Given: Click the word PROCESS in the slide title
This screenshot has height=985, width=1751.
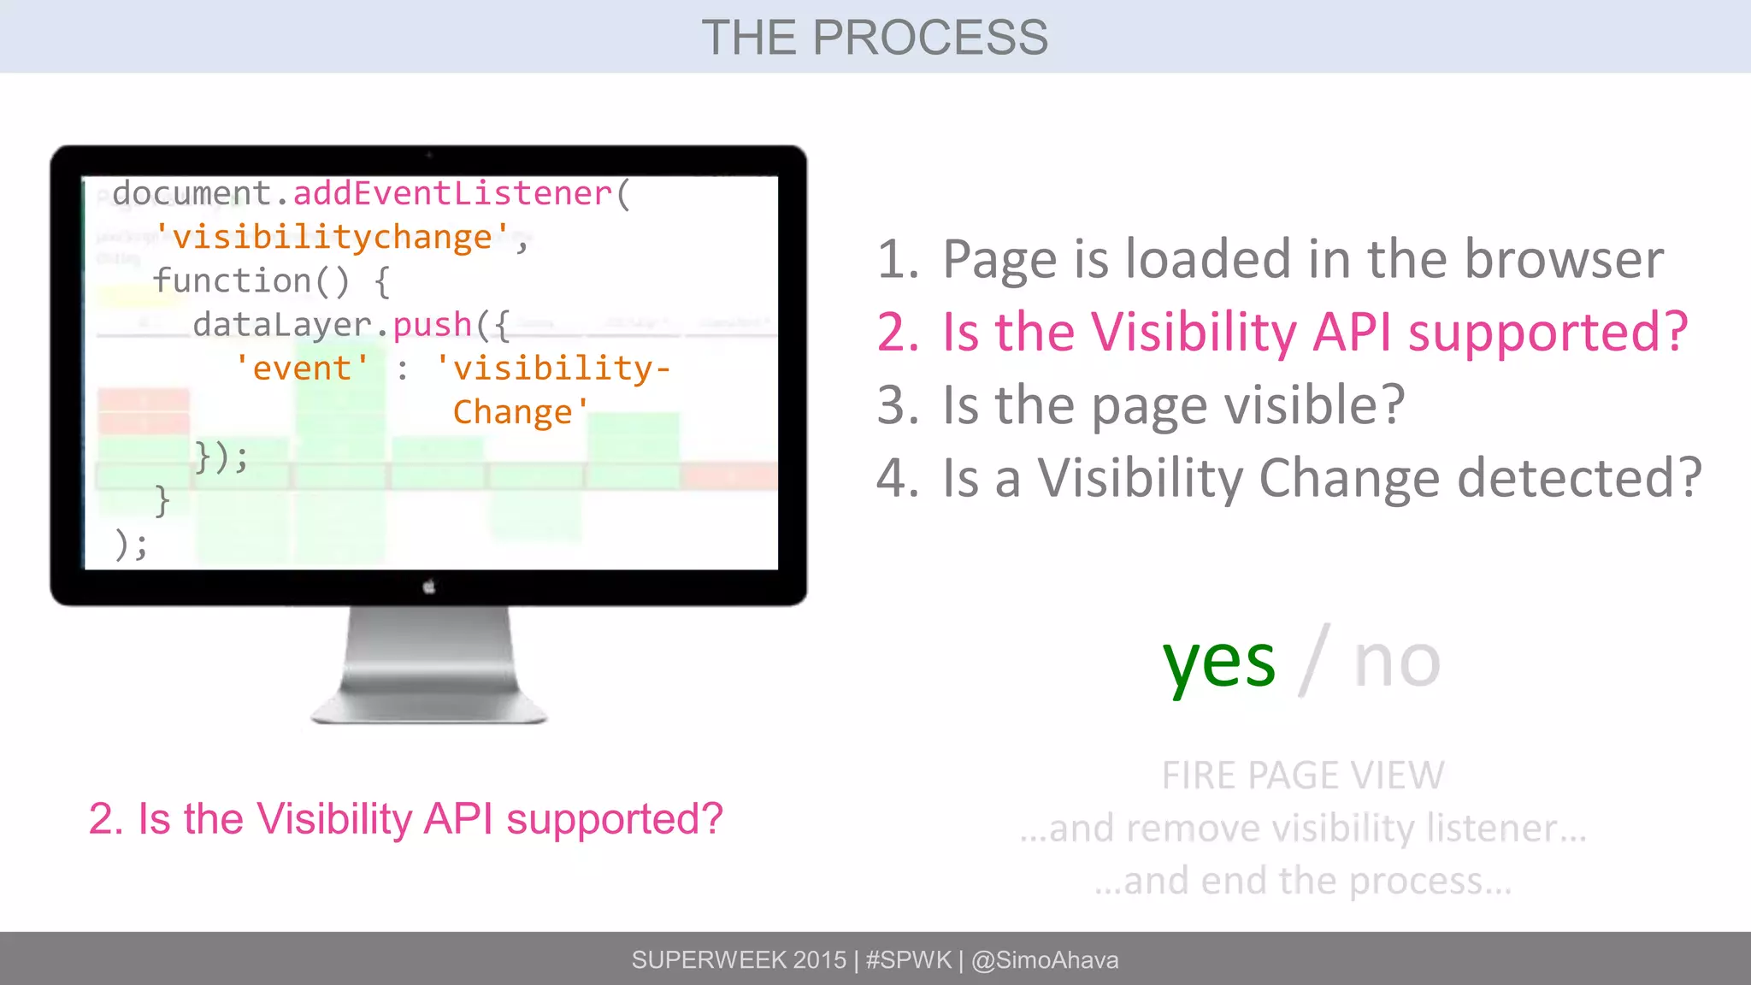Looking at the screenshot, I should (x=929, y=38).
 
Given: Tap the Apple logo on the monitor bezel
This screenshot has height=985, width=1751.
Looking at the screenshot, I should (x=429, y=587).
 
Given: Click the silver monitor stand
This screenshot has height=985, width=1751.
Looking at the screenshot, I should (x=429, y=667).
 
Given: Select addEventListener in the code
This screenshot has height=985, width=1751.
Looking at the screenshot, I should (x=452, y=194).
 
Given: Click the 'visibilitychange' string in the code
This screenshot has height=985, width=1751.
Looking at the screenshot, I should (x=333, y=238).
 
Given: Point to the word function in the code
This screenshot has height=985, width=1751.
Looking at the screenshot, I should (x=232, y=281).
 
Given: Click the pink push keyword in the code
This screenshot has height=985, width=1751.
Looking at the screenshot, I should (x=433, y=326).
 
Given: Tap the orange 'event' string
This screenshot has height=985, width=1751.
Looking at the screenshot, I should (x=302, y=369).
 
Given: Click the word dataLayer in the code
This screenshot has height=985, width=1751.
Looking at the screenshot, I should (x=282, y=326).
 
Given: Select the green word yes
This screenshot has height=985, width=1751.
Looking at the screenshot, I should (x=1218, y=663).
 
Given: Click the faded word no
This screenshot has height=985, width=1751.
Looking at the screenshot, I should (x=1397, y=663).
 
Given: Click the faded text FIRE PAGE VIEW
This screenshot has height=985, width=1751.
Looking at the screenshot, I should (x=1302, y=776).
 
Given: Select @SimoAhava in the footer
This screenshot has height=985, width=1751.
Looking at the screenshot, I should (x=1045, y=960).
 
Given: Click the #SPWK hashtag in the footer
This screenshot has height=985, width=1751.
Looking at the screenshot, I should (x=908, y=960).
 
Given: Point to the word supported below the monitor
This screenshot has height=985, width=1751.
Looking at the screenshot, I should (x=614, y=819).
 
